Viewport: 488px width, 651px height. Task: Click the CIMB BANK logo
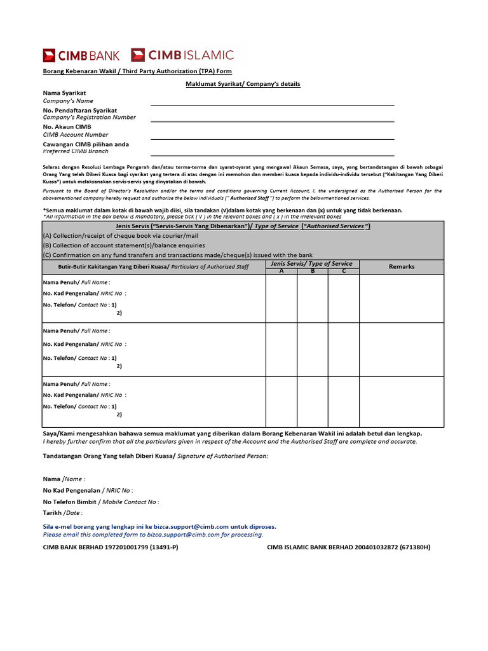click(81, 55)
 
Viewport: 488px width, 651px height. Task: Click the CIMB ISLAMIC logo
click(182, 55)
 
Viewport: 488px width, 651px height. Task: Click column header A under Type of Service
click(281, 271)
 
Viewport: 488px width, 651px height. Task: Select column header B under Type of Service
click(313, 271)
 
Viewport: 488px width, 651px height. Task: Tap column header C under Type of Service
click(344, 271)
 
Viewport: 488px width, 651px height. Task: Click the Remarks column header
click(402, 267)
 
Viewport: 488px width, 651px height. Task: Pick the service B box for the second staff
click(313, 349)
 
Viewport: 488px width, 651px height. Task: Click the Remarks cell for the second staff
click(402, 349)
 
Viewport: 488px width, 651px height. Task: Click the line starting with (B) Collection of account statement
click(124, 245)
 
